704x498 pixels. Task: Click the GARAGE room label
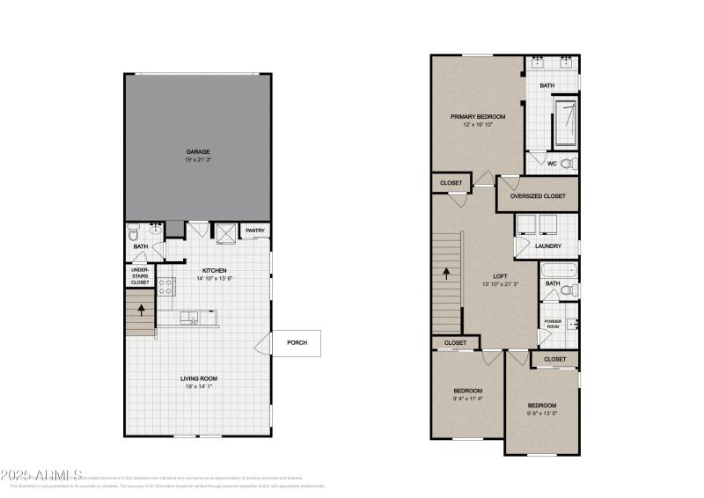(x=197, y=151)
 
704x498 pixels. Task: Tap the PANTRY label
(x=255, y=231)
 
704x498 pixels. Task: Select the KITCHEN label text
(x=216, y=269)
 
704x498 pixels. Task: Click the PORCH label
(x=297, y=343)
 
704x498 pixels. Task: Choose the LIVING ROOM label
(x=198, y=378)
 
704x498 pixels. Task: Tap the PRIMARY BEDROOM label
(x=478, y=116)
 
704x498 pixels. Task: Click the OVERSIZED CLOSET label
(x=538, y=195)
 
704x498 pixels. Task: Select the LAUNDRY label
(x=548, y=245)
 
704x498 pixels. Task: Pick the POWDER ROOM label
(x=553, y=324)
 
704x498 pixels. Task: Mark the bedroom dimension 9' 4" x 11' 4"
(x=467, y=398)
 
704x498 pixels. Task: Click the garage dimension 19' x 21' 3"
(x=197, y=160)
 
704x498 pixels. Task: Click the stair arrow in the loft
(x=447, y=273)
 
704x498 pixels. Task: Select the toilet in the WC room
(x=567, y=163)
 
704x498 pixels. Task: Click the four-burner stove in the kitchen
(x=167, y=285)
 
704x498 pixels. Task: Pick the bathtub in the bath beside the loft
(x=557, y=269)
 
